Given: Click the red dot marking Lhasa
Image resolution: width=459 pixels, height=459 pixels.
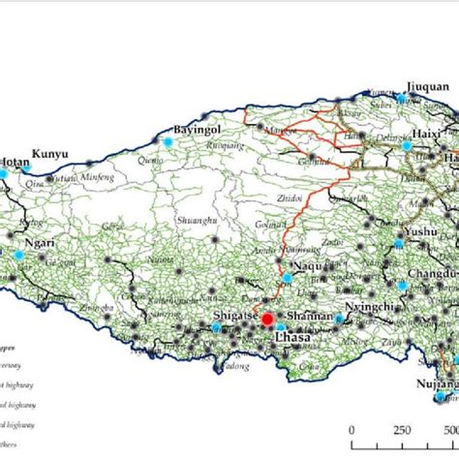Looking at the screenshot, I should point(267,319).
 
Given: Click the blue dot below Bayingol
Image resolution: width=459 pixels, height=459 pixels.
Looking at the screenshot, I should point(167,141).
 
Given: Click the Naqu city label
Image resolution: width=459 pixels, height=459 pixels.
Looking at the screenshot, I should point(309,262).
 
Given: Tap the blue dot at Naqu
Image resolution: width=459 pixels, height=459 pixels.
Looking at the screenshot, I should point(287,278).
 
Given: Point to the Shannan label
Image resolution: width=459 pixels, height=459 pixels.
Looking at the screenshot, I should point(312,315).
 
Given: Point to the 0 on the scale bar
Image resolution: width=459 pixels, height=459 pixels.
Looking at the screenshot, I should point(352,432).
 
